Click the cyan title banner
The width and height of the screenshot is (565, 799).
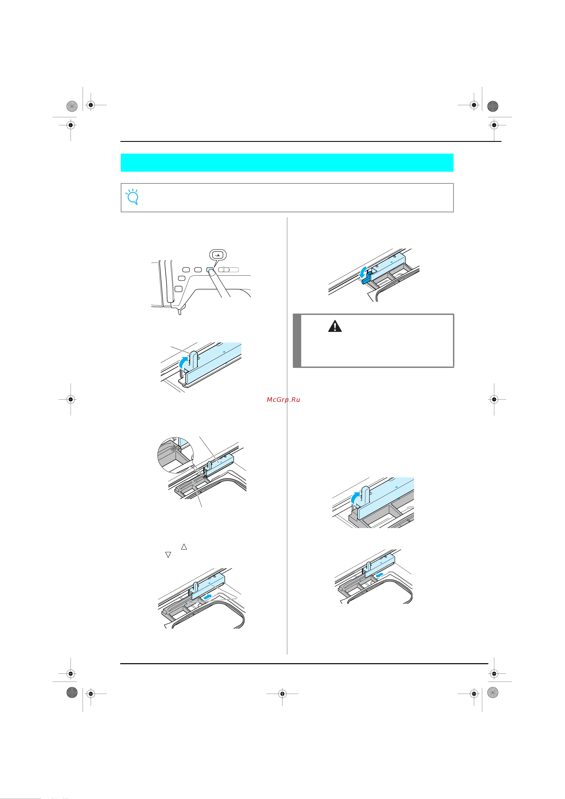click(287, 162)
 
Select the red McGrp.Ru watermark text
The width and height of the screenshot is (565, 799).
click(283, 399)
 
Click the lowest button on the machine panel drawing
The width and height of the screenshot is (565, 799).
click(179, 288)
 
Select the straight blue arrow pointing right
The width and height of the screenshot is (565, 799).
click(207, 597)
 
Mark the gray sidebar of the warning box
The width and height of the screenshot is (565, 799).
click(297, 340)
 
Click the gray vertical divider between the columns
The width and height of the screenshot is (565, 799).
click(287, 436)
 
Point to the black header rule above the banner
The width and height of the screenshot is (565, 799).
click(311, 141)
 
